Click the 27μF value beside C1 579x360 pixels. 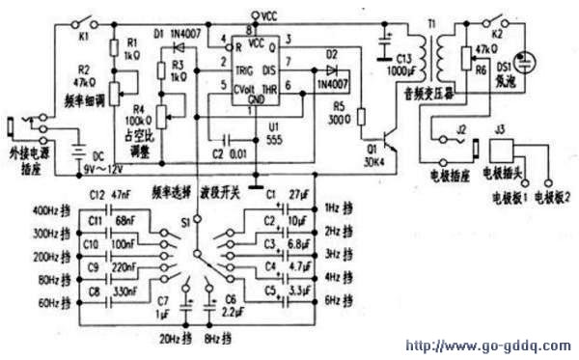pos(299,196)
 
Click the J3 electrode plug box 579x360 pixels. pos(502,153)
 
